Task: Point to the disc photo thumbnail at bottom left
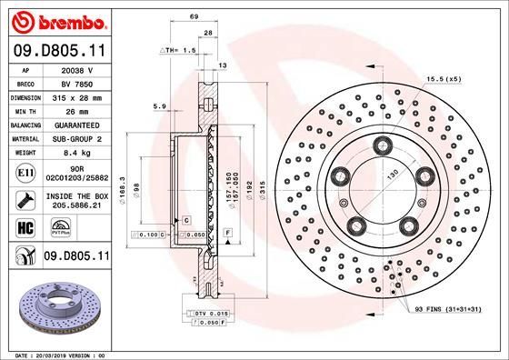(x=56, y=307)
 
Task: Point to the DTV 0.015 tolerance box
(x=212, y=313)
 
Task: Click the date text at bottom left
(x=56, y=352)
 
